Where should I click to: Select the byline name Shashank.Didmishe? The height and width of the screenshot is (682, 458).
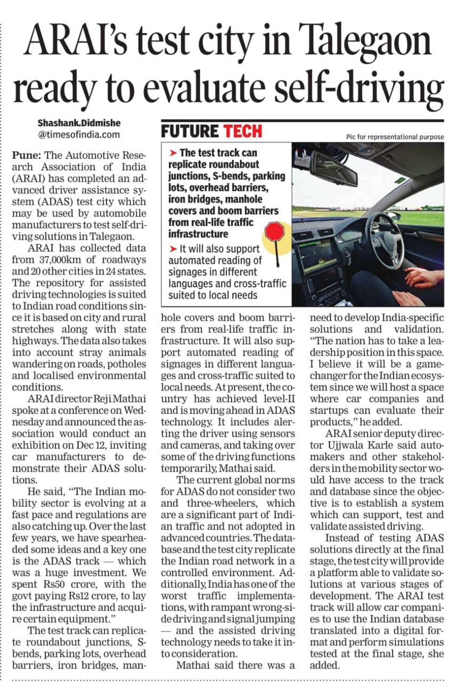(78, 123)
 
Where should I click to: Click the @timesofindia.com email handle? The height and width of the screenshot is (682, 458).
(79, 135)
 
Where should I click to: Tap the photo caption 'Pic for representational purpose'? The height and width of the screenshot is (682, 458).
(395, 136)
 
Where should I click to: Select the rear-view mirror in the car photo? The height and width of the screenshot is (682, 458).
(333, 167)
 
